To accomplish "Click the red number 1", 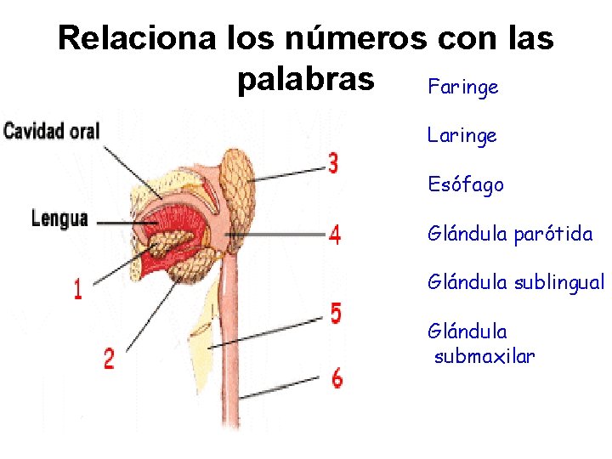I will tap(77, 291).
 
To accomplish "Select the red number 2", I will tap(109, 358).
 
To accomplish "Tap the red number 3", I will tap(334, 163).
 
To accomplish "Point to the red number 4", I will tap(335, 234).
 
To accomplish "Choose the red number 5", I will tap(336, 313).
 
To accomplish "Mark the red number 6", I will tap(337, 378).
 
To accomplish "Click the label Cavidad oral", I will tap(51, 132).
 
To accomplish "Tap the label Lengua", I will tap(59, 218).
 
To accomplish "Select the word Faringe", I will tap(462, 88).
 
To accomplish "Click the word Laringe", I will tap(462, 135).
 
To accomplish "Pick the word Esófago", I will tap(466, 184).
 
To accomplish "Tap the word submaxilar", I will tap(484, 356).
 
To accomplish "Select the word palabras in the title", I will tap(306, 79).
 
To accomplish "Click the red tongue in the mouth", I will tap(170, 229).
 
